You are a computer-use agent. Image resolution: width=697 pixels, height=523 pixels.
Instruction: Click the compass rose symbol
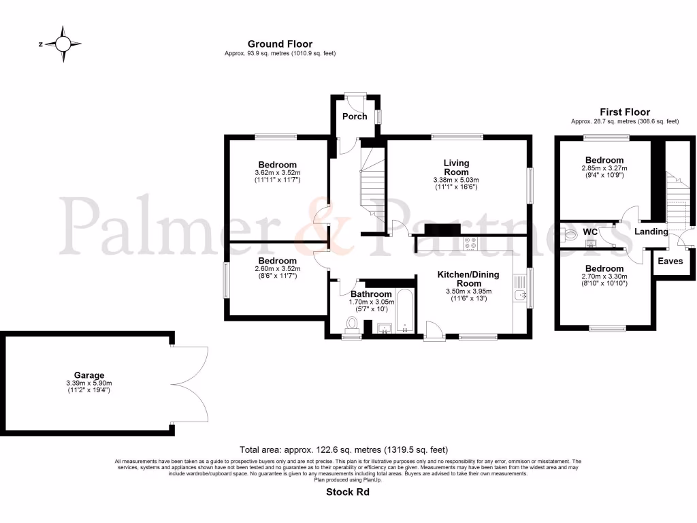pos(63,44)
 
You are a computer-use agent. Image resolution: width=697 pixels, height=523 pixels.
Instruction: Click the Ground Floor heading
pos(280,44)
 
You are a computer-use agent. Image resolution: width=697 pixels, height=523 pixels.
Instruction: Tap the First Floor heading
pos(624,112)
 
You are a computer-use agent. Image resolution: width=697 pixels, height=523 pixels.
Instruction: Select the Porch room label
pos(355,116)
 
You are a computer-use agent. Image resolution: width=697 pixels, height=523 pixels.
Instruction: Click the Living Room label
pos(456,167)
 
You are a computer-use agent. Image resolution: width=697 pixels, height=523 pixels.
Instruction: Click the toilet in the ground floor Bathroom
pos(353,323)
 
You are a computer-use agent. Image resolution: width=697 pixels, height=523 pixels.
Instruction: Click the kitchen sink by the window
pos(521,294)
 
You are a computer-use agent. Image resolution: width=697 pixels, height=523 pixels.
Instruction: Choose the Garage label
pos(89,375)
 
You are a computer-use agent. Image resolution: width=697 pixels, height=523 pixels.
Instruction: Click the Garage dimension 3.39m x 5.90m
pos(89,383)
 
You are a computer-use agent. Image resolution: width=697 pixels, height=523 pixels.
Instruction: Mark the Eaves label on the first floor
pos(669,261)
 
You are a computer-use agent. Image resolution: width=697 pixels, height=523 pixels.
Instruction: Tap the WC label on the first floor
pos(590,232)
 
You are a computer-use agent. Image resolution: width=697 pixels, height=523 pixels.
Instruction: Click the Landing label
pos(651,232)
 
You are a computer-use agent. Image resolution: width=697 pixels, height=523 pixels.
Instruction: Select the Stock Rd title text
pos(347,491)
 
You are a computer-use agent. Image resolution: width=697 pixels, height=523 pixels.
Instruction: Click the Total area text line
pos(344,449)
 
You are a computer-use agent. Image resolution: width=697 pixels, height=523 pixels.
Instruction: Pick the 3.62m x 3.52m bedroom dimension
pos(277,173)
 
